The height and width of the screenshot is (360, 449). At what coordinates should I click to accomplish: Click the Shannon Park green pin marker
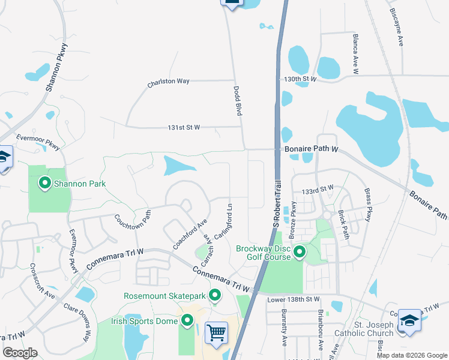pyautogui.click(x=44, y=183)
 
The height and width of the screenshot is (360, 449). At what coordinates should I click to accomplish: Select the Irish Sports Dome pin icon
pyautogui.click(x=187, y=321)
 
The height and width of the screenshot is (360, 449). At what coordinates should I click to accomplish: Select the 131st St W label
pyautogui.click(x=184, y=128)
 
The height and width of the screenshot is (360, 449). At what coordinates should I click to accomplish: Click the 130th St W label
pyautogui.click(x=300, y=79)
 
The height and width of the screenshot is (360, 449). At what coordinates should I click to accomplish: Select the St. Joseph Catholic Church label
pyautogui.click(x=373, y=329)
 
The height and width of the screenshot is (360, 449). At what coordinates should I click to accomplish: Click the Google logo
pyautogui.click(x=20, y=353)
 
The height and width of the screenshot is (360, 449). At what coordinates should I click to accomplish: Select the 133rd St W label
pyautogui.click(x=318, y=188)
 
